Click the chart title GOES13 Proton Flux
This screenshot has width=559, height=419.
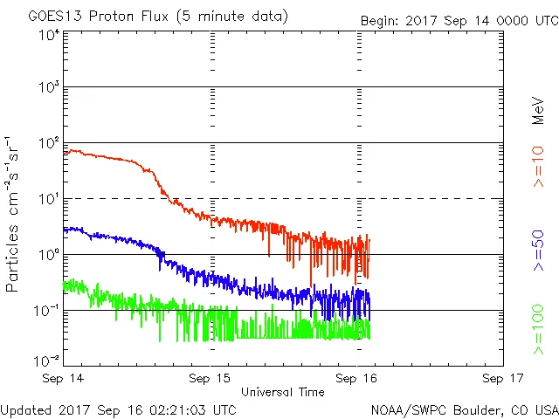pos(157,17)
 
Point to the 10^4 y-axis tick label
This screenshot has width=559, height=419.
pos(49,35)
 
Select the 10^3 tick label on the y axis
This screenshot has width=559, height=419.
pos(49,87)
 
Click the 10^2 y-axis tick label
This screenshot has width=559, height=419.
pos(49,142)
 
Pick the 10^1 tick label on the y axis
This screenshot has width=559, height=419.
pos(49,198)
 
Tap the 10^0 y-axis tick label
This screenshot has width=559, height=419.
pos(49,254)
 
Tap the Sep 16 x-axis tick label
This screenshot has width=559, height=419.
pos(357,379)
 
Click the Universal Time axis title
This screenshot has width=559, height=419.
pos(283,392)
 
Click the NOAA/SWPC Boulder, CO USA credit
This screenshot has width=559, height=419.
pos(464,409)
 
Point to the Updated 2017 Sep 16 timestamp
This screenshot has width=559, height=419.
pos(118,409)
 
